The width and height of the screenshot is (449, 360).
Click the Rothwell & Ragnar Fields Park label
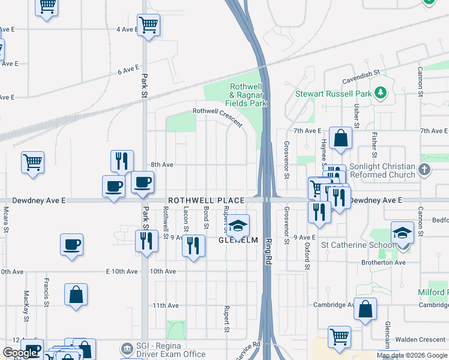click(x=248, y=95)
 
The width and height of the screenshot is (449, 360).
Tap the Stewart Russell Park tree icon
click(x=379, y=93)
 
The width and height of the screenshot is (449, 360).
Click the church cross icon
click(x=425, y=170)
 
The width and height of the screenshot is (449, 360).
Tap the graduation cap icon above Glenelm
click(x=238, y=226)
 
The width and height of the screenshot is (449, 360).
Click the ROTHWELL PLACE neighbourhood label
click(x=206, y=200)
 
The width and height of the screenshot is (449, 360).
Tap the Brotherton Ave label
click(x=384, y=262)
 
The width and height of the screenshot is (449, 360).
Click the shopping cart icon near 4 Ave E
click(x=148, y=25)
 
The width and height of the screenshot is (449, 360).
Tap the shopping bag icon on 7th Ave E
click(x=340, y=138)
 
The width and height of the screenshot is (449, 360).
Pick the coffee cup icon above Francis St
click(x=71, y=244)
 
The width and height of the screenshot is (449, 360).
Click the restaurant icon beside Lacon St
click(x=193, y=245)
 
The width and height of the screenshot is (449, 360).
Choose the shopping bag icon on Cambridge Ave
click(x=365, y=309)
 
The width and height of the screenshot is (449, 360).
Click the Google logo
click(x=20, y=353)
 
